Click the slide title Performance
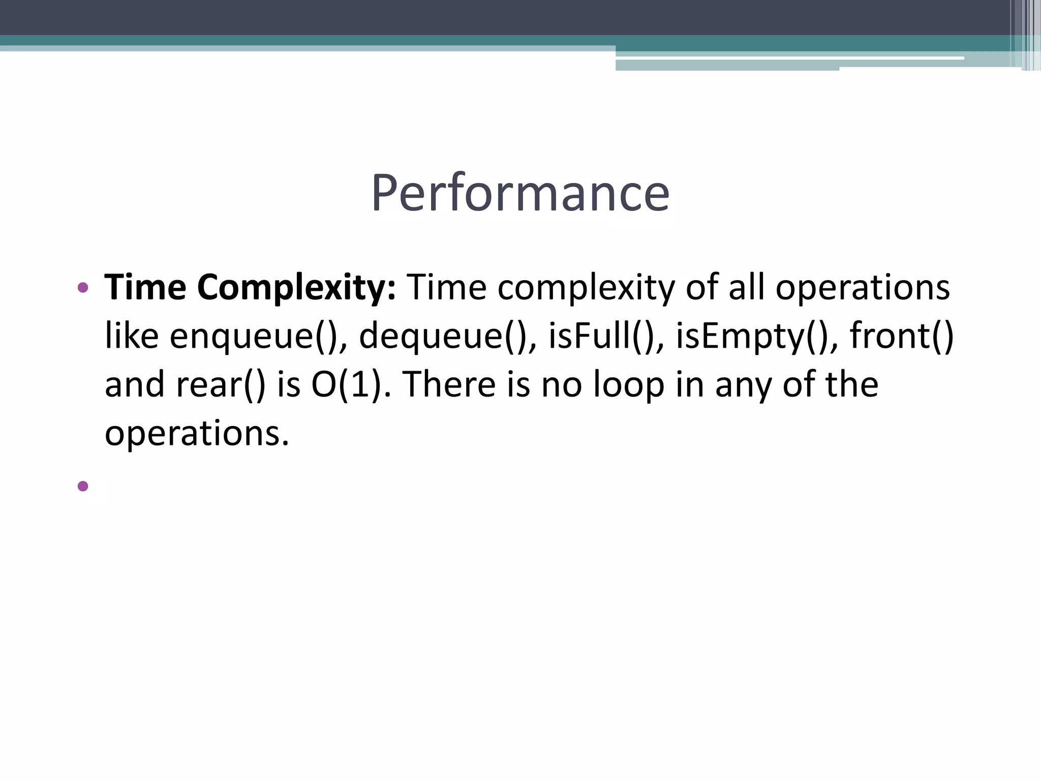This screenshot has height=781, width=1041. (x=520, y=193)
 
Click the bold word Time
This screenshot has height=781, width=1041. (x=145, y=288)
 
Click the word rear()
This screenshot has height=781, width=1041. (x=221, y=384)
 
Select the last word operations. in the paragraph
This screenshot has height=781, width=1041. (x=197, y=433)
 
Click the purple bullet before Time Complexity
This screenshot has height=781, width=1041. (x=83, y=288)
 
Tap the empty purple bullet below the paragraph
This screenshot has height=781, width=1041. (x=83, y=487)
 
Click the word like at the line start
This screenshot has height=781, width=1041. (x=132, y=337)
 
